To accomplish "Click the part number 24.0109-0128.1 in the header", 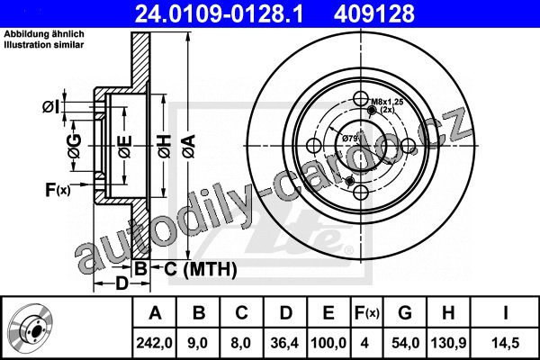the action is (219, 13).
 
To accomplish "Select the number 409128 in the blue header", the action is (374, 13).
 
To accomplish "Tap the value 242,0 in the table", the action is (154, 343).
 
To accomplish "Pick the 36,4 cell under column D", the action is (284, 343).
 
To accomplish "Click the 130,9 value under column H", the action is (448, 343).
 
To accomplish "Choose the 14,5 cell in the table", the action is (506, 343).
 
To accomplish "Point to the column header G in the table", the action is (405, 313).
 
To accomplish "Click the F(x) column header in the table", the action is (366, 313).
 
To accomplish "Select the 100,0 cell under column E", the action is (328, 343).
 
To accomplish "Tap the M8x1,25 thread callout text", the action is (387, 102).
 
